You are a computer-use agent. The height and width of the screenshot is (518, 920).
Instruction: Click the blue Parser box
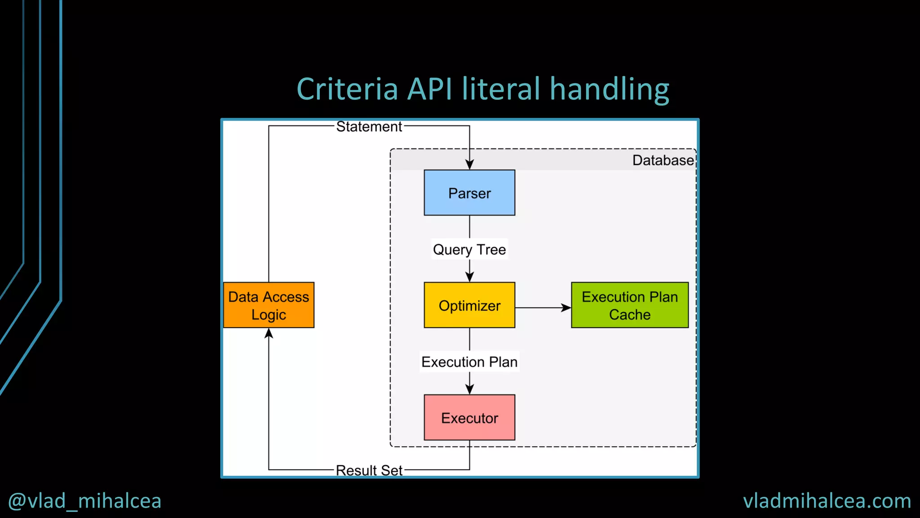pos(469,192)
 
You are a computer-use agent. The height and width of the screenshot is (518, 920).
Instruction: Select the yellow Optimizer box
pos(469,305)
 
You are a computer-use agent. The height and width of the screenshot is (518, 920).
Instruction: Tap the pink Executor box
pos(469,417)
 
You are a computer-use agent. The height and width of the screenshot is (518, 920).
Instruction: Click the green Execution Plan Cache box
pos(629,305)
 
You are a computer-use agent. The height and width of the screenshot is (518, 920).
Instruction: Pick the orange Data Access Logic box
pos(269,305)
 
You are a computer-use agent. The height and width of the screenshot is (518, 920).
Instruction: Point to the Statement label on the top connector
pos(369,127)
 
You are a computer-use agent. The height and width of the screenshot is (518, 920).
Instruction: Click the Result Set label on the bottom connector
pos(369,470)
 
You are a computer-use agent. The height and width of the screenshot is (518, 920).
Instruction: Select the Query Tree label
pos(469,249)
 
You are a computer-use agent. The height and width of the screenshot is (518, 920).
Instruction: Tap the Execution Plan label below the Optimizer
pos(469,362)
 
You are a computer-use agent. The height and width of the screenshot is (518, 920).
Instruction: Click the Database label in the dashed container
pos(663,160)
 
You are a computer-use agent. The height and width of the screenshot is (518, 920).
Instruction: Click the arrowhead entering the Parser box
pos(469,165)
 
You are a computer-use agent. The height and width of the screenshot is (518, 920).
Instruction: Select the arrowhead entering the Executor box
pos(469,389)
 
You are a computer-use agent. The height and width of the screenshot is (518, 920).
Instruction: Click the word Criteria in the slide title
pos(347,89)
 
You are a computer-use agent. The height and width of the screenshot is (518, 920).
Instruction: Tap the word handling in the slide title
pos(610,89)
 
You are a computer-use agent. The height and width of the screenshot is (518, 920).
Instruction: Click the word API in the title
pos(429,89)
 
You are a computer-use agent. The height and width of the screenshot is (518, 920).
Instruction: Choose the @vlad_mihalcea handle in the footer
pos(85,501)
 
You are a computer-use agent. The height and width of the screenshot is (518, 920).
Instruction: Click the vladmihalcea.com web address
pos(827,501)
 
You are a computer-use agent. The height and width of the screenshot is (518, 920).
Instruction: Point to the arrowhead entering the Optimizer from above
pos(469,277)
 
